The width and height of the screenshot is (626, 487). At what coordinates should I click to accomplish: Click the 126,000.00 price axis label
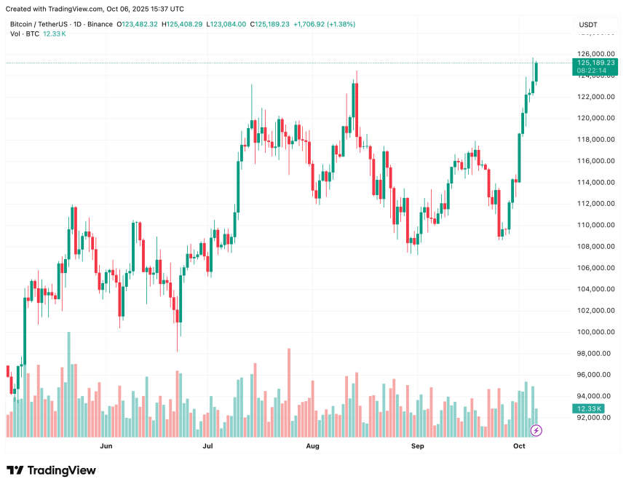click(595, 54)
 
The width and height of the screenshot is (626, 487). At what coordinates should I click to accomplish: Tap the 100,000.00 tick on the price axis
click(595, 332)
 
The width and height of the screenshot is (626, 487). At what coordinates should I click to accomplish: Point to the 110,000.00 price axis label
click(595, 225)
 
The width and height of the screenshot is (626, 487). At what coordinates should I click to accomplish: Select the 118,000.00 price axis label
click(595, 140)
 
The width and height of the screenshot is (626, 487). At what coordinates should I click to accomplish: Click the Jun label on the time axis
click(106, 445)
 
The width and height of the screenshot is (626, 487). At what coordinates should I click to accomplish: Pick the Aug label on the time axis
click(313, 445)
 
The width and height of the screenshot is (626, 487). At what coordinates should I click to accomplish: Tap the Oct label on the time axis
click(519, 445)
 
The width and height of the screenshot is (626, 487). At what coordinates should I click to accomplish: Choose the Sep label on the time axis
click(417, 445)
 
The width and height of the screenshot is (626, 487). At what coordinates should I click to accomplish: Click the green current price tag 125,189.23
click(595, 63)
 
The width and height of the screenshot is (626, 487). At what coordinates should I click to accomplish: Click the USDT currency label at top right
click(588, 25)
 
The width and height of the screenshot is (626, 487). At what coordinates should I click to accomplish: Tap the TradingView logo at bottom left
click(51, 470)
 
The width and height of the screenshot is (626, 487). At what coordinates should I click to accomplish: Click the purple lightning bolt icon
click(536, 430)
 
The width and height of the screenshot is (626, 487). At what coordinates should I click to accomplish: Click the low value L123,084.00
click(227, 24)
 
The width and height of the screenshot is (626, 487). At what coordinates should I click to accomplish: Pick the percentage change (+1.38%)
click(339, 24)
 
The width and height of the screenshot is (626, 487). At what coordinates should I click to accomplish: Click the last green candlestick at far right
click(536, 72)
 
